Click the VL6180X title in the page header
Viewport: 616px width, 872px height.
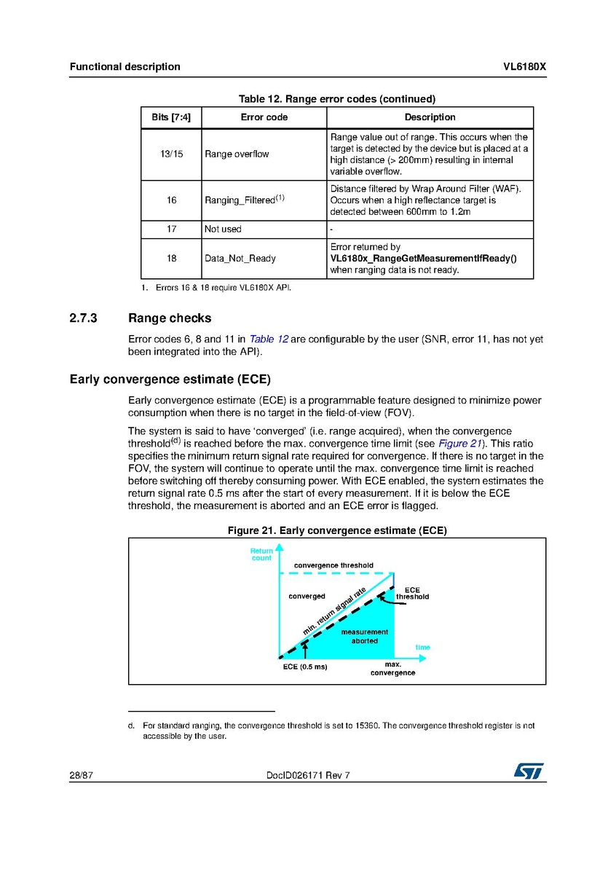click(524, 67)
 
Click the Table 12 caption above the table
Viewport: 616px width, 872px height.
click(337, 99)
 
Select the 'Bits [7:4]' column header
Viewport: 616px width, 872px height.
click(170, 117)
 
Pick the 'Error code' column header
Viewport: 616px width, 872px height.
click(264, 117)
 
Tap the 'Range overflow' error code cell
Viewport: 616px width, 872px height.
click(237, 154)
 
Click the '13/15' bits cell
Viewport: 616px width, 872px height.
click(170, 154)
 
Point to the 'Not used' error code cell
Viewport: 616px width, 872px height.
click(223, 229)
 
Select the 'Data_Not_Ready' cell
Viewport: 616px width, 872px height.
click(240, 259)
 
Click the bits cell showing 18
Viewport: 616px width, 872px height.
click(170, 259)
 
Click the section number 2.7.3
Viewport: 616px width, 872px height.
click(83, 318)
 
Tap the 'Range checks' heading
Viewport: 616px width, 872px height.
click(170, 318)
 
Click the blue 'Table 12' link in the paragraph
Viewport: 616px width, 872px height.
click(269, 339)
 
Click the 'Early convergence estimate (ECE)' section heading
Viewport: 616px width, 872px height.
click(170, 380)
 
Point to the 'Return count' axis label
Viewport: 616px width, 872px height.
click(261, 555)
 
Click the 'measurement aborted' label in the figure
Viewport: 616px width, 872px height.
click(365, 636)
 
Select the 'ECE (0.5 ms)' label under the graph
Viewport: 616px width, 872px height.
click(305, 667)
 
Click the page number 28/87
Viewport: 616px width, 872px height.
click(81, 775)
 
